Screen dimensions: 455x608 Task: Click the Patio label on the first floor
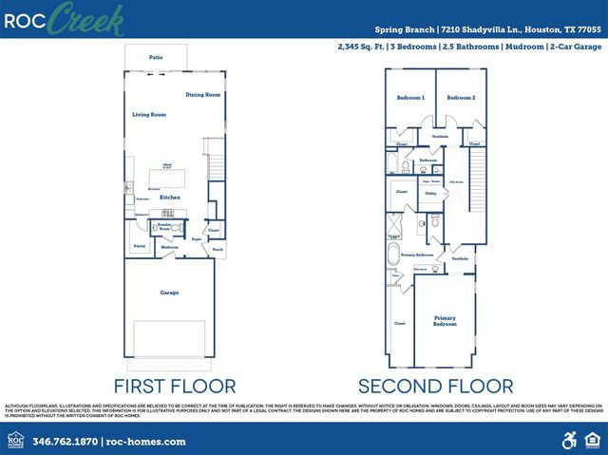(156, 58)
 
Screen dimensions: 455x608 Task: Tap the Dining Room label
(202, 95)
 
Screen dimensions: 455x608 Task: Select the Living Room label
(149, 115)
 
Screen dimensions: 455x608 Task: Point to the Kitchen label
(170, 198)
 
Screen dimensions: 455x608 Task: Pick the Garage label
(169, 293)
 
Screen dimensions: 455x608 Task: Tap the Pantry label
(139, 245)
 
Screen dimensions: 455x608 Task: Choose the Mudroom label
(169, 247)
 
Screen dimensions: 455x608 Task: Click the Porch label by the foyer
(218, 251)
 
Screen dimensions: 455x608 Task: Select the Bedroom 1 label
(410, 98)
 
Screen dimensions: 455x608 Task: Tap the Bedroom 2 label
(461, 98)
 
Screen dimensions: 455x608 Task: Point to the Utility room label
(430, 193)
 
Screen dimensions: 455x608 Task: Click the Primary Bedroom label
(446, 320)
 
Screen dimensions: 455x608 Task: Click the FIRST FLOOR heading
(175, 386)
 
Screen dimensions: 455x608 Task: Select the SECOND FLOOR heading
(435, 386)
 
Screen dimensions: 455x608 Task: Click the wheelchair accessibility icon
(570, 441)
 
